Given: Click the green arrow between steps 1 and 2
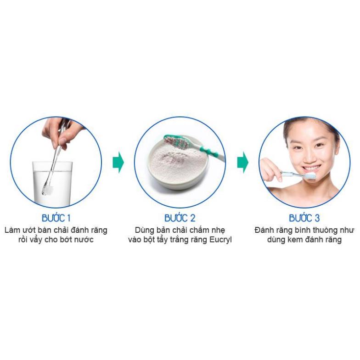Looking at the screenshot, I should (118, 163).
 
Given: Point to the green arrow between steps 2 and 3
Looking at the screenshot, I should (242, 163).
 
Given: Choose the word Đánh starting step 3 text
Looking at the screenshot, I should (264, 229).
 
